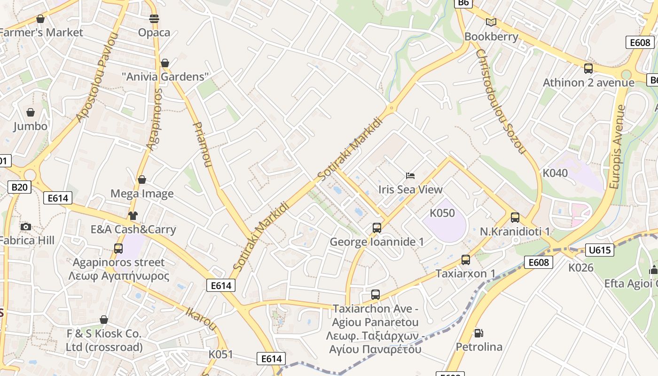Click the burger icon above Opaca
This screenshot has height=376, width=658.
click(x=154, y=19)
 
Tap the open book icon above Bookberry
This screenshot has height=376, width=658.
click(x=491, y=22)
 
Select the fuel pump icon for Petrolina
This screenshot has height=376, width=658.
click(x=478, y=333)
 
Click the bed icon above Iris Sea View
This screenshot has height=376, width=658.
click(x=410, y=176)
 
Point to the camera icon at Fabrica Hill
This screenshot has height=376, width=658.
click(x=26, y=227)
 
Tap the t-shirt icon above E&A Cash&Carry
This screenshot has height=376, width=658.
click(x=133, y=216)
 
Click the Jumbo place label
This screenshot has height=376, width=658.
click(x=30, y=126)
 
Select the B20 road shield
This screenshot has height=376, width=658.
click(x=19, y=188)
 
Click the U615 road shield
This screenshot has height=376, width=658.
click(x=600, y=250)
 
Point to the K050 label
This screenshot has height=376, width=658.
click(x=442, y=213)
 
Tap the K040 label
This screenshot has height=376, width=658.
click(x=555, y=173)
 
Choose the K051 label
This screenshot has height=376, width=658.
click(x=220, y=354)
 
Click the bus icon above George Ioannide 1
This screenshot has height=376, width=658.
click(x=377, y=228)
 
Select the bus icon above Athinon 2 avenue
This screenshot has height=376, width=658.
click(x=588, y=69)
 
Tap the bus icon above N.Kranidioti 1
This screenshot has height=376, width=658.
click(x=515, y=218)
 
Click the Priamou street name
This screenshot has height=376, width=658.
click(x=203, y=145)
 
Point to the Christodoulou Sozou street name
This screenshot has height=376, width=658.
click(x=500, y=101)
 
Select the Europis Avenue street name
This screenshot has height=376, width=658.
click(x=618, y=147)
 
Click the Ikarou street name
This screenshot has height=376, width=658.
click(x=202, y=319)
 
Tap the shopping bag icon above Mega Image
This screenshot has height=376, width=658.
click(x=142, y=180)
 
